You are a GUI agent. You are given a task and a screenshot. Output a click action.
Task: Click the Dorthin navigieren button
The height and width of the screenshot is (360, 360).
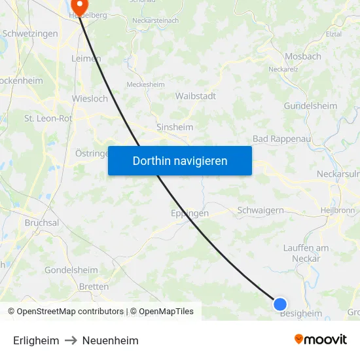[x=180, y=160]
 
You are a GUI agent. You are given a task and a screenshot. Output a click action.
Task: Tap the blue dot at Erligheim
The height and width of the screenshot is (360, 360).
[x=280, y=304]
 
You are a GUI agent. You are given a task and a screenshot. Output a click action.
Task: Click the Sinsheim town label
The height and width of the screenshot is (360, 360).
[x=175, y=128]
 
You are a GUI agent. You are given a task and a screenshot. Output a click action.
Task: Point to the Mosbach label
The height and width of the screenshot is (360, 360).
[x=303, y=56]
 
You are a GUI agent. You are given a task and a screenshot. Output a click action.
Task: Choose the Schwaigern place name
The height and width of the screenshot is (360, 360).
[x=260, y=210]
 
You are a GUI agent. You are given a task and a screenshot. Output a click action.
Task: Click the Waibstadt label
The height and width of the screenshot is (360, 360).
[x=195, y=96]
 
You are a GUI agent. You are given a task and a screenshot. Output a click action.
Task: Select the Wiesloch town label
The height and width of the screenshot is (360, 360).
[x=90, y=99]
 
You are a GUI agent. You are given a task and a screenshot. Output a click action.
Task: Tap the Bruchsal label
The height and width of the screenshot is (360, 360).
[x=41, y=223]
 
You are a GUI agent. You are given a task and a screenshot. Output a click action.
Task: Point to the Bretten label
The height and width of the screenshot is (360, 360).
[x=94, y=287]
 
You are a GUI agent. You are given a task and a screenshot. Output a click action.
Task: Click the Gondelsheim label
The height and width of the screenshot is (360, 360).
[x=71, y=270]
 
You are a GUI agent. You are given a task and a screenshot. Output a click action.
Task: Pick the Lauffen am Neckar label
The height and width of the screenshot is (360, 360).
[x=306, y=253]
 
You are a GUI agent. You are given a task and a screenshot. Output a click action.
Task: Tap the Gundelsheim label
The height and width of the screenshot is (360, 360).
[x=310, y=105]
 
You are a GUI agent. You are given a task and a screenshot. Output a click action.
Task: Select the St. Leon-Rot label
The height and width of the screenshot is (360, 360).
[x=48, y=118]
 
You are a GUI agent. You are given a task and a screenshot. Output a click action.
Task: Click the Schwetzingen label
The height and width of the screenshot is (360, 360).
[x=29, y=33]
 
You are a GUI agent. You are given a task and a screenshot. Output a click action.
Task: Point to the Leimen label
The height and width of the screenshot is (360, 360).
[x=86, y=58]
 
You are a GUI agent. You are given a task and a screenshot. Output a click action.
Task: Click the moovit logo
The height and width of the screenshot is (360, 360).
[x=321, y=340]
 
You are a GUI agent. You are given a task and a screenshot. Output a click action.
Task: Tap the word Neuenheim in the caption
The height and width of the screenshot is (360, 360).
[x=110, y=340]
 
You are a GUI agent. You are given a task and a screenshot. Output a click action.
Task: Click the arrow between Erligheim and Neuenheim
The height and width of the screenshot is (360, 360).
[x=71, y=340]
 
